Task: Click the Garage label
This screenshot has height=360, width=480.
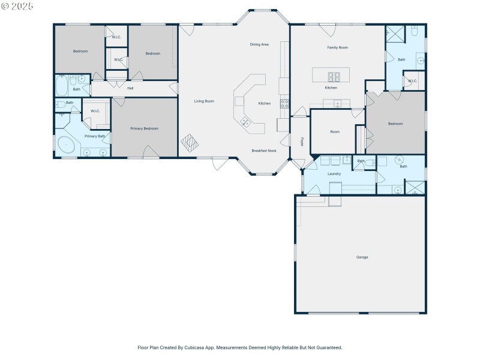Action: (362, 257)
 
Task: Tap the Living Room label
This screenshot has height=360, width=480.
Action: (204, 101)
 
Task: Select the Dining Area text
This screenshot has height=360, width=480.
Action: (259, 44)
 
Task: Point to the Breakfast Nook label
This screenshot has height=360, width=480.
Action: (264, 151)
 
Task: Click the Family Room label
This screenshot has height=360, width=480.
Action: (337, 47)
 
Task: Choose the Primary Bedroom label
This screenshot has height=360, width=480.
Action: (144, 128)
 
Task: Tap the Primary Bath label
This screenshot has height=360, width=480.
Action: (95, 136)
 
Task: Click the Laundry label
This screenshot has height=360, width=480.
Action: (334, 174)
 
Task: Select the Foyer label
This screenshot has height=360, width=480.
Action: (302, 142)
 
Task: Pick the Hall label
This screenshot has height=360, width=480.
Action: (130, 88)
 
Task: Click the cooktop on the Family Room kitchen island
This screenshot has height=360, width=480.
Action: (334, 76)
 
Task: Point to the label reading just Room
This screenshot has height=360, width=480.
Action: (334, 131)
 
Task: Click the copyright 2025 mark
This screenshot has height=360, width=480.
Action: (18, 6)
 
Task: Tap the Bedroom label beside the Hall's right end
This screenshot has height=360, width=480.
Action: (152, 53)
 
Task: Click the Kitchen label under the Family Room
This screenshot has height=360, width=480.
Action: (331, 88)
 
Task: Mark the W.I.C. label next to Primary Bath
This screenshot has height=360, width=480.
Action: (95, 111)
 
